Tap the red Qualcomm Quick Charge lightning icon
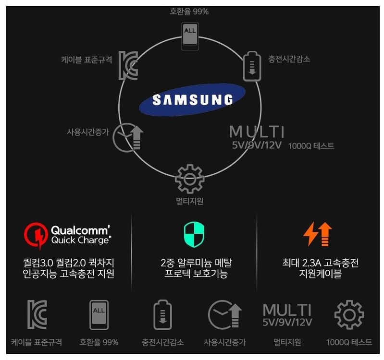[36, 233]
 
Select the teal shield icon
[194, 233]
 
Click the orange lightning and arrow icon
[318, 234]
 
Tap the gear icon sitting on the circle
[189, 179]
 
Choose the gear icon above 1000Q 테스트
[349, 315]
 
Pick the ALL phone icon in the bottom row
[99, 315]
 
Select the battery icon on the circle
[251, 65]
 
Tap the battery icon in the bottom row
[162, 315]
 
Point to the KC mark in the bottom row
[37, 315]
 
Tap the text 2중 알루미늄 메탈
[194, 263]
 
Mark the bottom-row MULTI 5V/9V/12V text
[287, 315]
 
